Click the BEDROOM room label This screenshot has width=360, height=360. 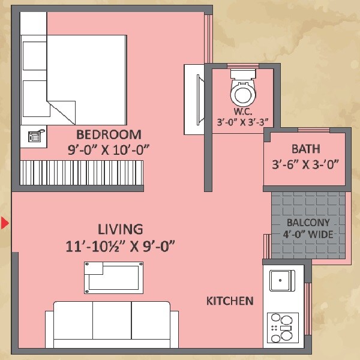[109, 134]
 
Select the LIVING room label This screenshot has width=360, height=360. [121, 229]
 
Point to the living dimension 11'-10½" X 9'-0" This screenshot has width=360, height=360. [121, 245]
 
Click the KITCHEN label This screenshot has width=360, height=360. [230, 301]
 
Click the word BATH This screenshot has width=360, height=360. [305, 148]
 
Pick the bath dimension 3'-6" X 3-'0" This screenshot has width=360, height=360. [305, 164]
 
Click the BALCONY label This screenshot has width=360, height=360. [308, 223]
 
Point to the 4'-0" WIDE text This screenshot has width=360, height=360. [308, 235]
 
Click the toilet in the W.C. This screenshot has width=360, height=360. [242, 90]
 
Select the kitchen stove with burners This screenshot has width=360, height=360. [282, 328]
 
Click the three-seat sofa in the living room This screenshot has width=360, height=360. [112, 324]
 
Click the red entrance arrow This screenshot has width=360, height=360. [4, 224]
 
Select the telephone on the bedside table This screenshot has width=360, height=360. [34, 136]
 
